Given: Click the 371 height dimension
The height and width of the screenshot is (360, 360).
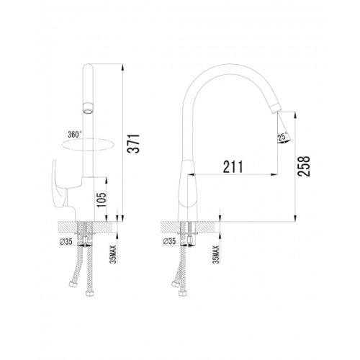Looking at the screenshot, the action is pos(133,144).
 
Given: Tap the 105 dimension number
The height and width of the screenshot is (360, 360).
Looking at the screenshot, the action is pos(102,200).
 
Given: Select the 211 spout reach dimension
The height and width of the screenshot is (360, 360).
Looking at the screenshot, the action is pos(233,166).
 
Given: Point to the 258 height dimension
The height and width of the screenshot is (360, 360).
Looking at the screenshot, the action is pos(304,166).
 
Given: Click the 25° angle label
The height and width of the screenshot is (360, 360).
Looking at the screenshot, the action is pos(282,137).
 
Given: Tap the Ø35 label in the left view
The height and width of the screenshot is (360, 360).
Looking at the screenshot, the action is pos(66,242).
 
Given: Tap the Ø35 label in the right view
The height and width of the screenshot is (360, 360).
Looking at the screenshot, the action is pos(169,241).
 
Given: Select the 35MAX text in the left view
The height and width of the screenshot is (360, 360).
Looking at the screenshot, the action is pos(113,254).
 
